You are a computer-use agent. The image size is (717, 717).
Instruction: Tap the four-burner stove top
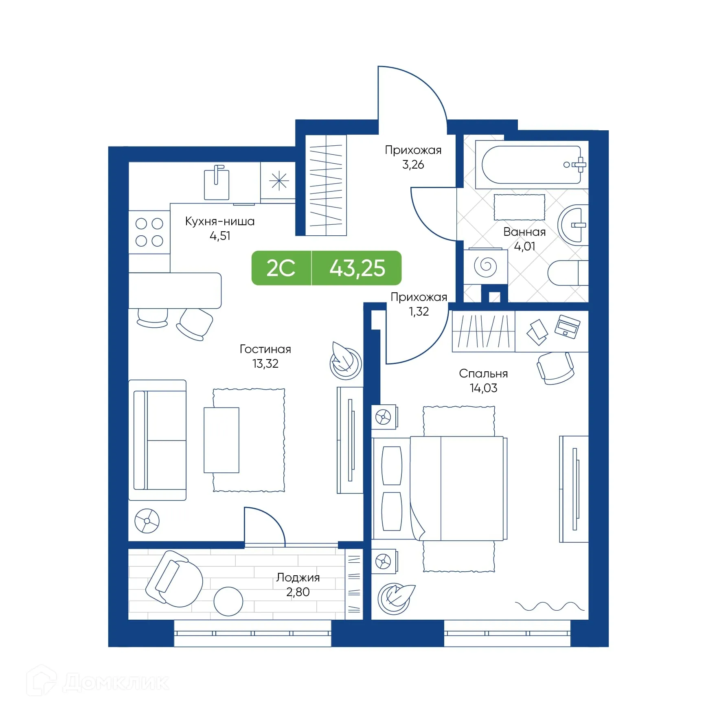[x=149, y=232]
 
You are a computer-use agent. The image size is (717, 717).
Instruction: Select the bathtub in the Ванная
[x=531, y=165]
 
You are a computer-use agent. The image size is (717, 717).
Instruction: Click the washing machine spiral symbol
[x=485, y=267]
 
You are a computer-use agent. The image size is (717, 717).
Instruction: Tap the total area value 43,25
[x=357, y=268]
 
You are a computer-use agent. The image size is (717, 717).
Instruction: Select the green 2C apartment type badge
[x=281, y=268]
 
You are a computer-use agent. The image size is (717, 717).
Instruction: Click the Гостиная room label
[x=265, y=349]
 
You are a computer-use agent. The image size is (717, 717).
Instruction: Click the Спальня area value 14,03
[x=483, y=388]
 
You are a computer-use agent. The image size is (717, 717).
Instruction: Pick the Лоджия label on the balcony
[x=298, y=577]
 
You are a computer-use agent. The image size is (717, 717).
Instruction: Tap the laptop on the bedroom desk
[x=567, y=326]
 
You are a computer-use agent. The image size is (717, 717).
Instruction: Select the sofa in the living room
[x=158, y=440]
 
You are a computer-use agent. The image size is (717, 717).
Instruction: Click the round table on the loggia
[x=228, y=601]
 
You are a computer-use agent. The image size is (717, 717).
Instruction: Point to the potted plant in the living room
[x=345, y=360]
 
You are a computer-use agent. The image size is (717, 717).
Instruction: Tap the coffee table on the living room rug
[x=221, y=440]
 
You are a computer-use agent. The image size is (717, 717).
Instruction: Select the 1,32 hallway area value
[x=419, y=311]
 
